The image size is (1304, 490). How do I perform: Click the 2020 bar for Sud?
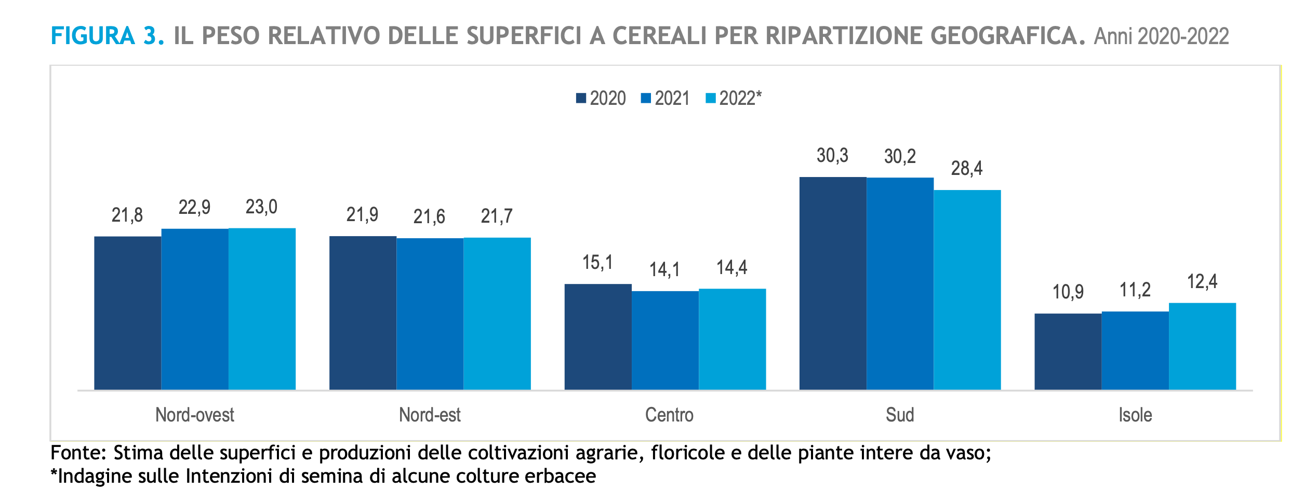point(833,283)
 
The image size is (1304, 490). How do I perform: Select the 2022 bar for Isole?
point(1202,346)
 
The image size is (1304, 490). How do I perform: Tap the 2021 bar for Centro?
point(665,341)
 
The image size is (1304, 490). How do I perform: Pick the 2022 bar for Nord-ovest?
point(262,309)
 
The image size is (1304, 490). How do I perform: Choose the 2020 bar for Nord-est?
point(363,313)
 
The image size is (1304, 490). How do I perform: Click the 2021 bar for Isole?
point(1135,350)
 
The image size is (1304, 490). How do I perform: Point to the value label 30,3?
point(832,156)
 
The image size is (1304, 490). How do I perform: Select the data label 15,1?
point(597,263)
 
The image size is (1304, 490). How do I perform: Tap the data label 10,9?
point(1068,292)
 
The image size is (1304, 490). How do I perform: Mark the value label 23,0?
point(261,207)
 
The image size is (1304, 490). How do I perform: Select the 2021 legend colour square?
point(646,98)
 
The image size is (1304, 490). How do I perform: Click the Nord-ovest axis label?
point(195,415)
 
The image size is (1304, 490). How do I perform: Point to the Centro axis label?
point(669,415)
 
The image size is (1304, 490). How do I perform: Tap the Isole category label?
point(1135,415)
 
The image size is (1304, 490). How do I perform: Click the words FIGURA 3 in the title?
point(107,36)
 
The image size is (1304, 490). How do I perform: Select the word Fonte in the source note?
point(78,453)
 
